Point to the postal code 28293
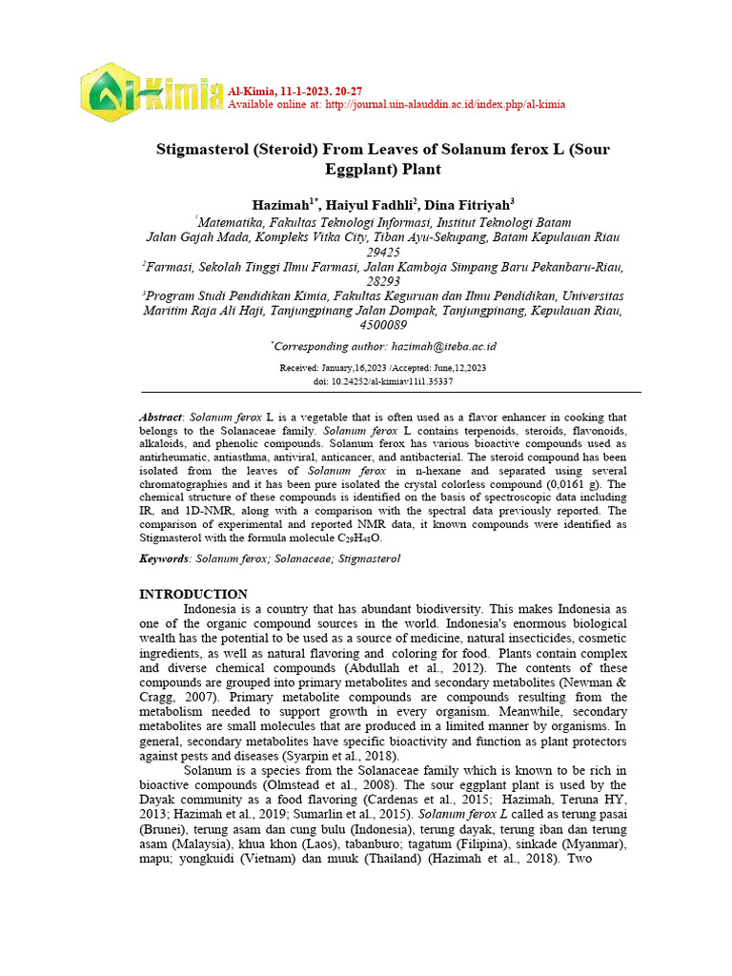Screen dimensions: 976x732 pyautogui.click(x=383, y=283)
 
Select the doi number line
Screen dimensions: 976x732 pyautogui.click(x=383, y=381)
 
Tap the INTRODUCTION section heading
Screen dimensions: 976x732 pyautogui.click(x=193, y=594)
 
